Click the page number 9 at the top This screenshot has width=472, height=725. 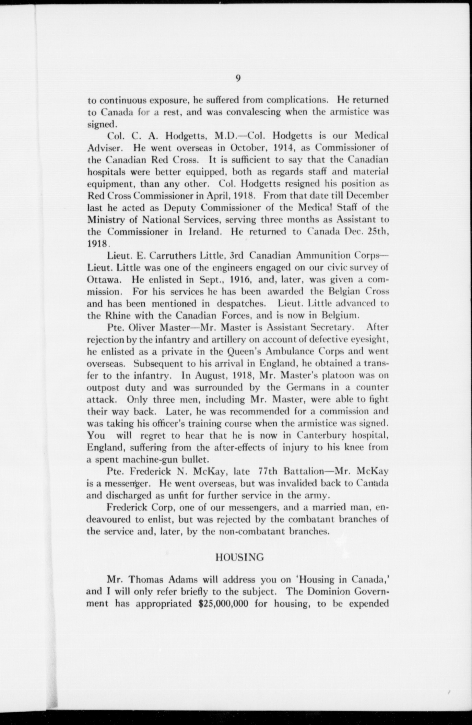238,78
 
